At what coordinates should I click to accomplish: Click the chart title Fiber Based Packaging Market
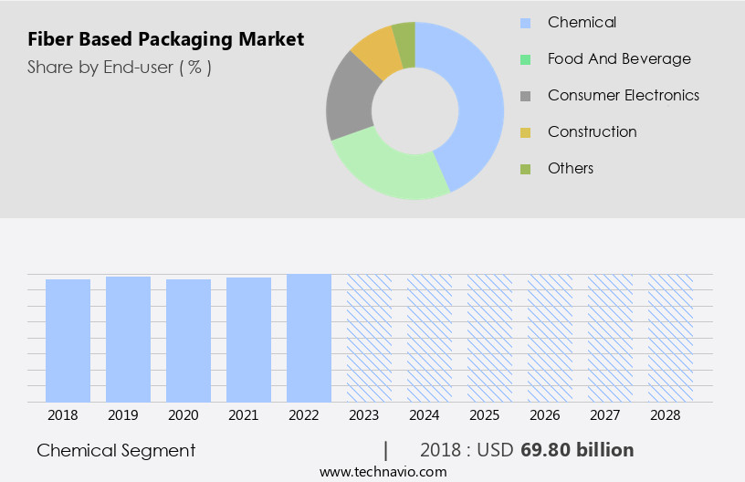click(x=165, y=39)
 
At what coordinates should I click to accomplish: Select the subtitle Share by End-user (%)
click(x=120, y=67)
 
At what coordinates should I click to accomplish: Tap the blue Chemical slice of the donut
click(x=475, y=100)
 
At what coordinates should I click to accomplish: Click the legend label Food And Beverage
click(x=619, y=58)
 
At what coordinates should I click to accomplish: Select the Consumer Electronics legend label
click(x=623, y=95)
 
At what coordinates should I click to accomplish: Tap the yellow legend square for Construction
click(x=525, y=132)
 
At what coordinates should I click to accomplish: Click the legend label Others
click(x=571, y=168)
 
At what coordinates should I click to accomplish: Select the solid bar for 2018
click(x=68, y=340)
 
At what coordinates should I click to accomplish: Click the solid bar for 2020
click(x=189, y=340)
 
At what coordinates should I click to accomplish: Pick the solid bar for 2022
click(x=309, y=337)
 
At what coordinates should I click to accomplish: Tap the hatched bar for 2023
click(x=369, y=337)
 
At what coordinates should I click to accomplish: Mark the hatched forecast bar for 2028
click(x=670, y=337)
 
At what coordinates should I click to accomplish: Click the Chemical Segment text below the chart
click(x=116, y=450)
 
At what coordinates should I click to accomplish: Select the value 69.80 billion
click(x=577, y=450)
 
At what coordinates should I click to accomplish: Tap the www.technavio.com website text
click(x=383, y=471)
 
